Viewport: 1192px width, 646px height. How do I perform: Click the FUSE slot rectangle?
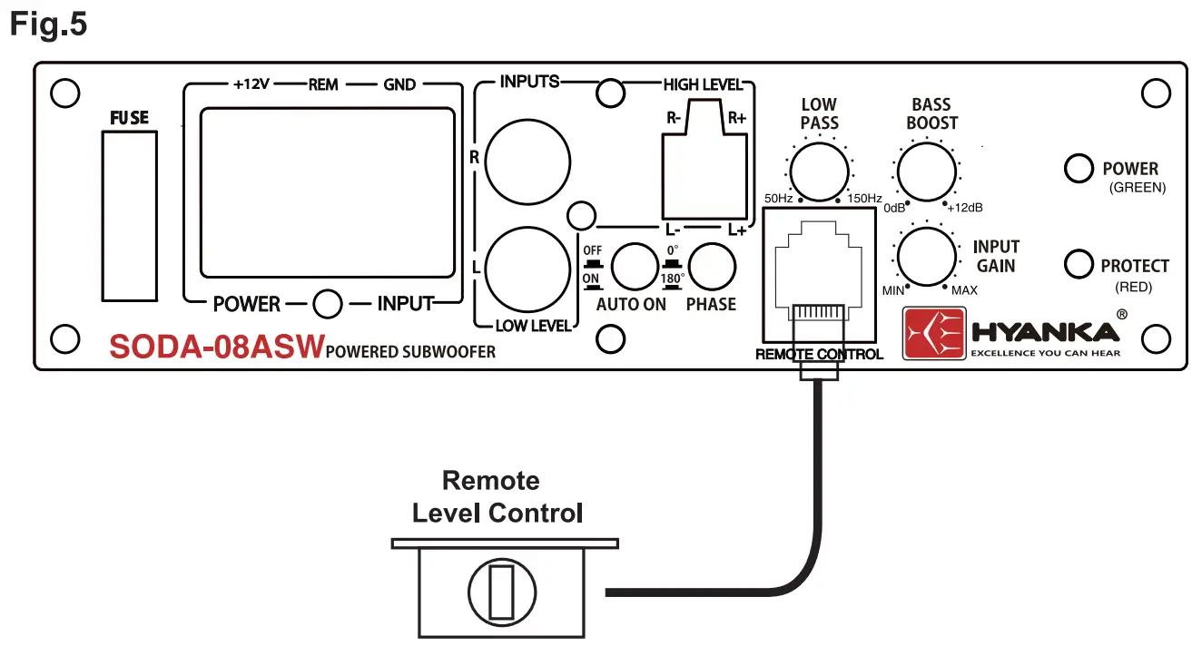coord(130,215)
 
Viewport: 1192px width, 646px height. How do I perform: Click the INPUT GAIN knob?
coord(927,255)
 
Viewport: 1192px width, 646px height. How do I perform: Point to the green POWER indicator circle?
coord(1078,169)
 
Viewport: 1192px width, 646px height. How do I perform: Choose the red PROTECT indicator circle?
coord(1078,264)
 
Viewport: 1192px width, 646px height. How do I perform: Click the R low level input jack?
coord(527,161)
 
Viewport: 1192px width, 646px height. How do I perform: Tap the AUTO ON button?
coord(634,266)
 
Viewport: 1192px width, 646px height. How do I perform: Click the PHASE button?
coord(712,266)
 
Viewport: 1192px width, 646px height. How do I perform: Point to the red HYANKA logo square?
coord(933,334)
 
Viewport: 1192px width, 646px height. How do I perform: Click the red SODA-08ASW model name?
coord(216,347)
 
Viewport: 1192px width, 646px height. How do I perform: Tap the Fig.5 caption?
coord(49,24)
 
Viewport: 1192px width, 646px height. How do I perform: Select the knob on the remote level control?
coord(497,592)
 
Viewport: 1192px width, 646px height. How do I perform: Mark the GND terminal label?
coord(399,84)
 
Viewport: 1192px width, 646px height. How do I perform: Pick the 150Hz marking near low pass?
coord(864,199)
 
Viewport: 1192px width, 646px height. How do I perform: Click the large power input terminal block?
coord(328,191)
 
